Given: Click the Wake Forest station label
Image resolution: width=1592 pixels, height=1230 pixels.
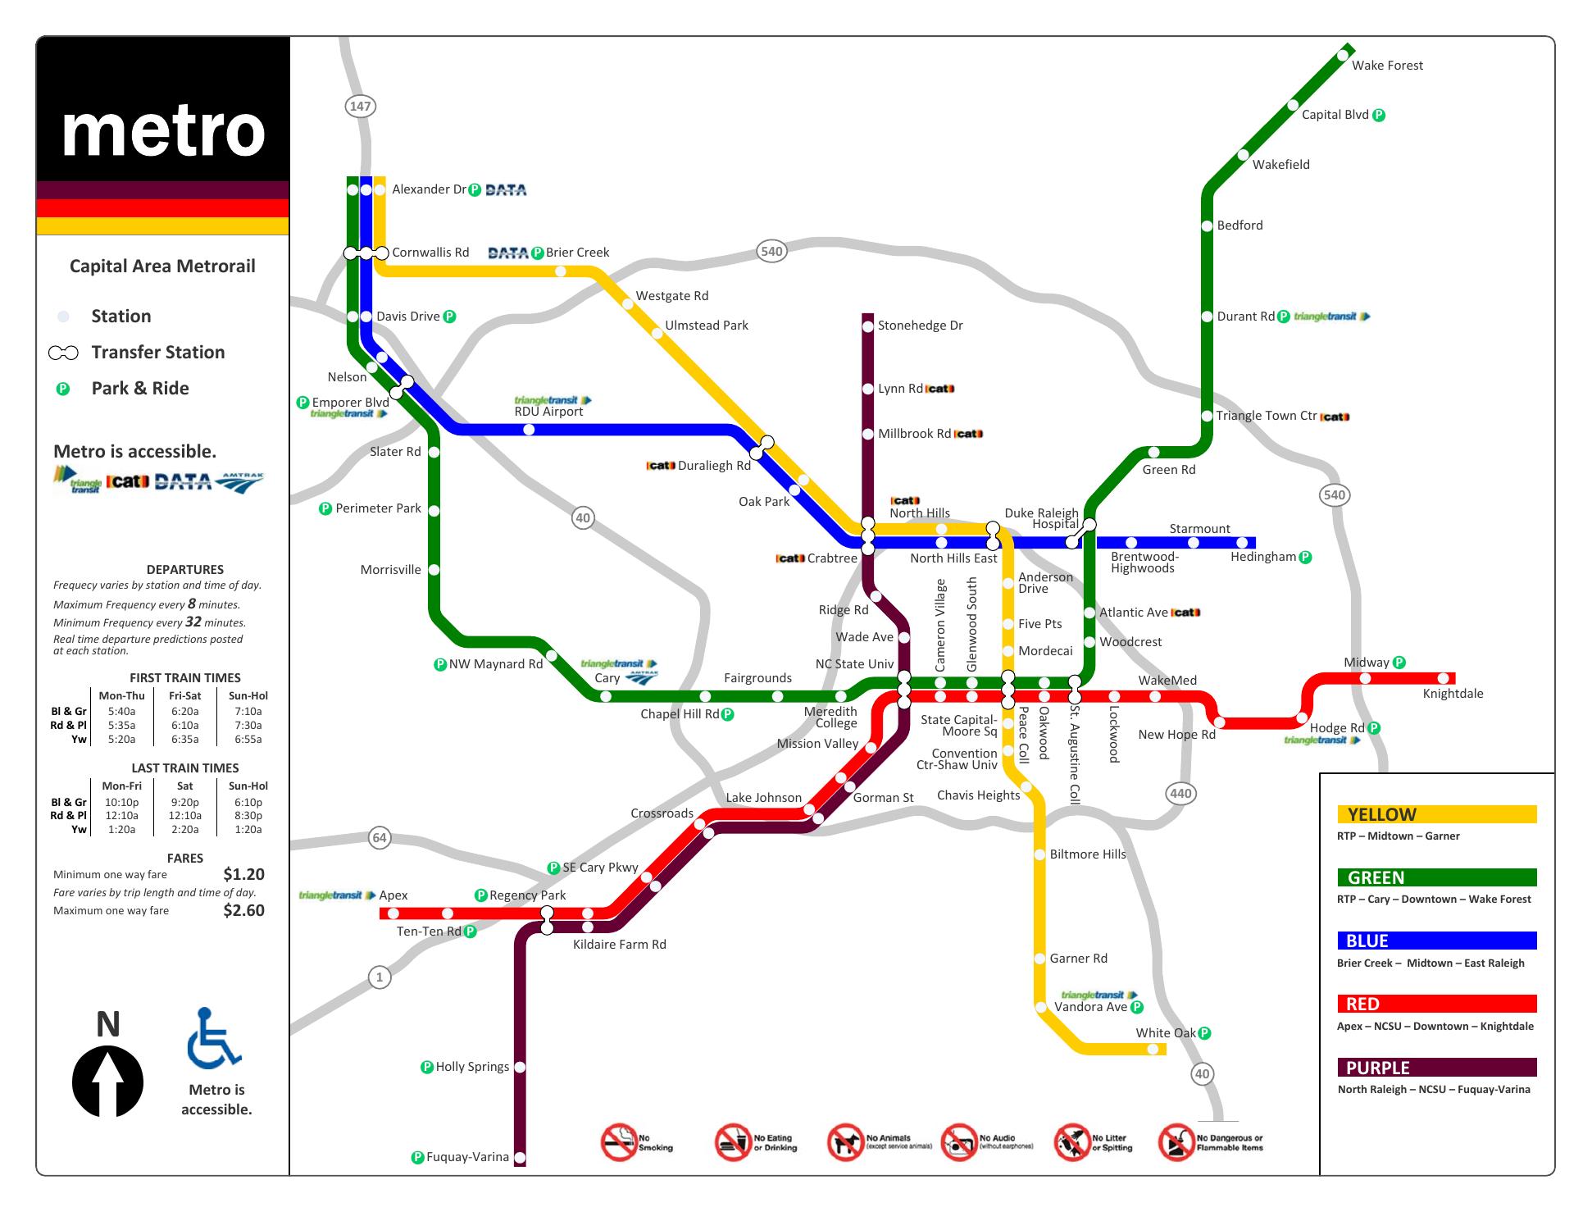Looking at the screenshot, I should pyautogui.click(x=1387, y=66).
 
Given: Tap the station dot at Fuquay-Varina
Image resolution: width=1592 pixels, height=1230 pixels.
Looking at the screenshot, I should pyautogui.click(x=520, y=1157).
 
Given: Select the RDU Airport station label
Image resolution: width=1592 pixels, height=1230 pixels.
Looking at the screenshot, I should pyautogui.click(x=548, y=412).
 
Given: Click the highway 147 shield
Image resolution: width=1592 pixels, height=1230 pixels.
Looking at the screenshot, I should pyautogui.click(x=360, y=106).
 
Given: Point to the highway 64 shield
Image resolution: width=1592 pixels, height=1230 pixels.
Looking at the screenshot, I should pyautogui.click(x=379, y=838).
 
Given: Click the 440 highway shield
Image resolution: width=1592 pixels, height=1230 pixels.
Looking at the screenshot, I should pyautogui.click(x=1180, y=793).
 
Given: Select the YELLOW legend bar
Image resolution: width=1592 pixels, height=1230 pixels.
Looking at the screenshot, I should pyautogui.click(x=1436, y=814).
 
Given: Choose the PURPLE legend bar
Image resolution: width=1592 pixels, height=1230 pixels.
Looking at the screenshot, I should pyautogui.click(x=1436, y=1068).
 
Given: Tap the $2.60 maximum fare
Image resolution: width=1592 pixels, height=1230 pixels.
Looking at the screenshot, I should pyautogui.click(x=243, y=910).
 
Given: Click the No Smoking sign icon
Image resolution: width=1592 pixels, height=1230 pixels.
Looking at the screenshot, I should pyautogui.click(x=619, y=1142).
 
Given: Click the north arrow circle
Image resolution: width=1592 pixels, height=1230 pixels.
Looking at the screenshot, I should pyautogui.click(x=107, y=1082).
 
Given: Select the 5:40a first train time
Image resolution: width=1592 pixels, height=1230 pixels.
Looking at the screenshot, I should pyautogui.click(x=121, y=712).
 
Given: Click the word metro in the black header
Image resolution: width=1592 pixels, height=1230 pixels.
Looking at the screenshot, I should pyautogui.click(x=163, y=131).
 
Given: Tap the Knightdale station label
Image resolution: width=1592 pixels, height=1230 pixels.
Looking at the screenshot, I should pyautogui.click(x=1453, y=694).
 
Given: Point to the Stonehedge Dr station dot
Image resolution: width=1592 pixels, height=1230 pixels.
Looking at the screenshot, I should pyautogui.click(x=868, y=326).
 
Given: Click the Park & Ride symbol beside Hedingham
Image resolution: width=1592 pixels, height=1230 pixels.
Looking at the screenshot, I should pyautogui.click(x=1306, y=558).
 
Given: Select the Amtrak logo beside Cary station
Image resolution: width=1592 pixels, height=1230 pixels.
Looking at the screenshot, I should pyautogui.click(x=641, y=678).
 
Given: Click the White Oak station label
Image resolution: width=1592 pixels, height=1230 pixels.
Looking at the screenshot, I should pyautogui.click(x=1166, y=1033).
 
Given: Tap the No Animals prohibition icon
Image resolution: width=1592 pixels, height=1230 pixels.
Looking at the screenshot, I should pyautogui.click(x=845, y=1142).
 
